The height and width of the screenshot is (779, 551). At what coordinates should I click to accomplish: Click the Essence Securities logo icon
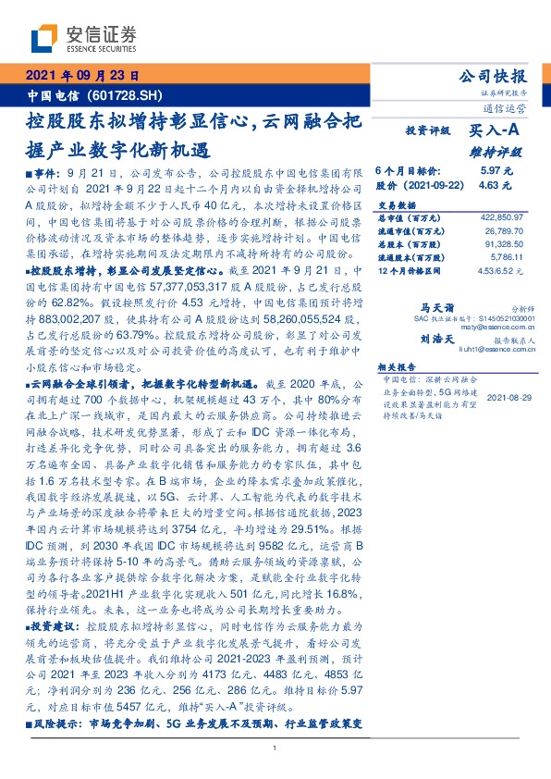(43, 39)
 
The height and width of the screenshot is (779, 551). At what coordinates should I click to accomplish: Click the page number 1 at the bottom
(275, 748)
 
